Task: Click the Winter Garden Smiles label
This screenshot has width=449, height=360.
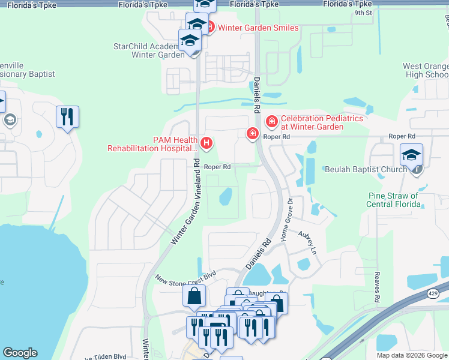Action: click(x=258, y=28)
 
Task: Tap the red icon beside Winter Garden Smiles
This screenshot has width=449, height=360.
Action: click(x=210, y=28)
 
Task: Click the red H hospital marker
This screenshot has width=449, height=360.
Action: click(x=206, y=143)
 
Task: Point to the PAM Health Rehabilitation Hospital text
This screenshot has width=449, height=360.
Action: click(x=153, y=144)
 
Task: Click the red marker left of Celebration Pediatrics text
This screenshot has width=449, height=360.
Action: click(x=272, y=122)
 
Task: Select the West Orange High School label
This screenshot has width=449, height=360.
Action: click(x=425, y=70)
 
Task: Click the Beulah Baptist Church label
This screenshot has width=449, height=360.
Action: click(x=365, y=170)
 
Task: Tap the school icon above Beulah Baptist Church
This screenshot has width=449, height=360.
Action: click(x=411, y=155)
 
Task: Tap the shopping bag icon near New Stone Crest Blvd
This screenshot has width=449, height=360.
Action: click(x=194, y=296)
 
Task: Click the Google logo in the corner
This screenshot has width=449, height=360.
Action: click(x=20, y=353)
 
